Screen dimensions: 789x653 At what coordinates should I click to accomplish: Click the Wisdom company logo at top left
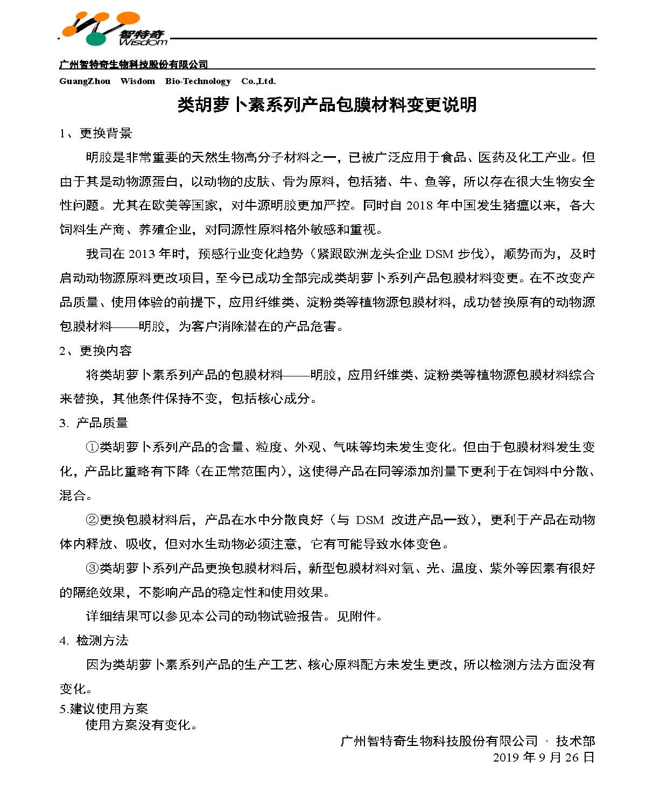[x=113, y=29]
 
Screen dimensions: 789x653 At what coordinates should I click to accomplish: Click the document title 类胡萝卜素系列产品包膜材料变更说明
[x=327, y=104]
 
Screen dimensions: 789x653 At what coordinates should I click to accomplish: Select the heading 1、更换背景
[x=96, y=133]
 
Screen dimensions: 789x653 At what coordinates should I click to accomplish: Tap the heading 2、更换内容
[x=96, y=351]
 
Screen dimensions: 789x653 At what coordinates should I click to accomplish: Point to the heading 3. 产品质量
[x=94, y=423]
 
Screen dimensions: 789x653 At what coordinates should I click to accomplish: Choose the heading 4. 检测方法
[x=94, y=640]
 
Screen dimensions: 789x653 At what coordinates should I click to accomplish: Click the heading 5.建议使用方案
[x=103, y=709]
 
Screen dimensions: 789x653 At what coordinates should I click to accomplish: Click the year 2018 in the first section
[x=419, y=206]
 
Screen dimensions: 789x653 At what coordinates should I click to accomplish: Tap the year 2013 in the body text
[x=142, y=254]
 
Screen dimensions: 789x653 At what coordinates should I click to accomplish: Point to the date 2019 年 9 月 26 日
[x=544, y=757]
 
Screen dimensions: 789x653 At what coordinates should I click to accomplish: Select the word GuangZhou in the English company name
[x=85, y=81]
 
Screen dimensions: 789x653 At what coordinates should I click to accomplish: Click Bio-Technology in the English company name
[x=198, y=81]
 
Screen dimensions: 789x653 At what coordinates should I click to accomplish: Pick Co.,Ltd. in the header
[x=258, y=81]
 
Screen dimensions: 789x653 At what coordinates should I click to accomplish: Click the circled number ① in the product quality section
[x=92, y=447]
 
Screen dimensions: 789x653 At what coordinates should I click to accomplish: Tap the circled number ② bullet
[x=92, y=520]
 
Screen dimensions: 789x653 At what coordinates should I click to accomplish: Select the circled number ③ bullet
[x=92, y=568]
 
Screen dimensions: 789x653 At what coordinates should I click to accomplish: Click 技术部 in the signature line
[x=575, y=741]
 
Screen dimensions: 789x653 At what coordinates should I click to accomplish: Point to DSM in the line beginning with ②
[x=370, y=520]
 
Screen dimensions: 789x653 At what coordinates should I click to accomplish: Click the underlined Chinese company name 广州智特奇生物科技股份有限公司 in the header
[x=133, y=65]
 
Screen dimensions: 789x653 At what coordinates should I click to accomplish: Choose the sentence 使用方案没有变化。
[x=142, y=725]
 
